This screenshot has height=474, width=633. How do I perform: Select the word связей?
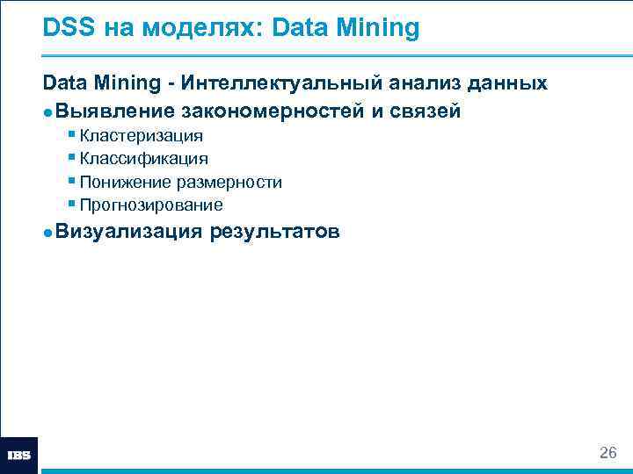point(424,111)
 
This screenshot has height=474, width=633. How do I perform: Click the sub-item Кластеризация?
point(141,136)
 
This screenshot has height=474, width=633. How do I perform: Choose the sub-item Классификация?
point(143,159)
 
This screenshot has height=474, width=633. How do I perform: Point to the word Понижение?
point(124,183)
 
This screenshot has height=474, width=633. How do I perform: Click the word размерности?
point(229,183)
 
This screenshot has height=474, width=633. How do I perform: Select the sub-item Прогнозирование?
point(150,205)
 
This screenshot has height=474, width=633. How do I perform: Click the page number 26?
point(608,453)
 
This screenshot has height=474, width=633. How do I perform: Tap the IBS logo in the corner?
point(19,456)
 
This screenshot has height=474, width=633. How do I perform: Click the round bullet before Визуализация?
point(47,233)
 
